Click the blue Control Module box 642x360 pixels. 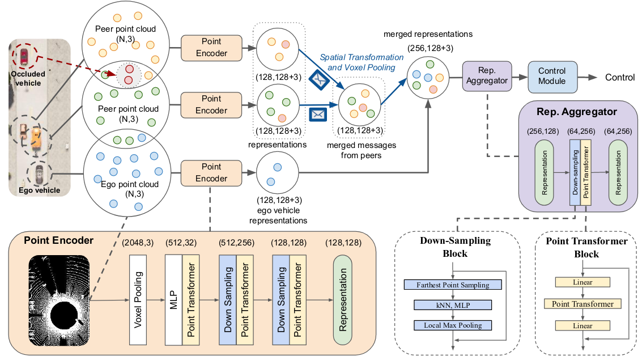[552, 77]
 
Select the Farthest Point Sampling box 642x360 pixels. [453, 285]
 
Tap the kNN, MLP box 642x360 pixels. [453, 305]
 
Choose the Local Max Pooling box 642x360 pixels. [453, 325]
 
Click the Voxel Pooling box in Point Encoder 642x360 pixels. [138, 300]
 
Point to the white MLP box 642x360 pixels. [173, 300]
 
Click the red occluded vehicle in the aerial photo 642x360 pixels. [24, 57]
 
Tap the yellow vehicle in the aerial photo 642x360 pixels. [36, 138]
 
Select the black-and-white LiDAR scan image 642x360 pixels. [59, 300]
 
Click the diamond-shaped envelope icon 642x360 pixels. [320, 79]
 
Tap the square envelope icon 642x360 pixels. [318, 115]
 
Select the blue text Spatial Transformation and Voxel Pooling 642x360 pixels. [362, 62]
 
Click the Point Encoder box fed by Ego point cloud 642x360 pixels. [211, 173]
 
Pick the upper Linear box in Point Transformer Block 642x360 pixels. [583, 282]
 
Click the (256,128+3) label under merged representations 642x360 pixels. [430, 48]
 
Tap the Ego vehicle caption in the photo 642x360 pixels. [39, 190]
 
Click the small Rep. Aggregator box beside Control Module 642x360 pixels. [487, 76]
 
